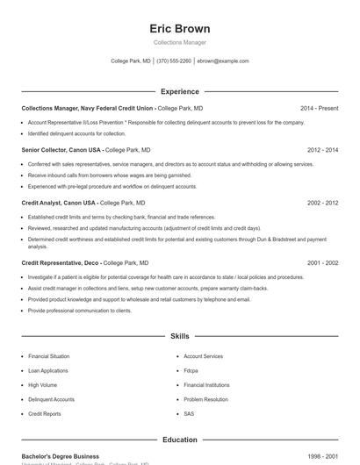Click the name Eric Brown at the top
coord(180,28)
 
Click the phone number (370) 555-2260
coord(174,61)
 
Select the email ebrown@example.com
coord(223,61)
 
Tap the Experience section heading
coord(180,91)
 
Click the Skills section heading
coord(180,336)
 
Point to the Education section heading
coord(180,440)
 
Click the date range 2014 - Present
coord(319,108)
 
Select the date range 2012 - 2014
coord(322,150)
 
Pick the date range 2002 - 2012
coord(322,203)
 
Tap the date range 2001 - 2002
coord(322,262)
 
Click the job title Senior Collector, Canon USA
coord(61,150)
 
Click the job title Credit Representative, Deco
coord(60,262)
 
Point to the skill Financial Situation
coord(48,357)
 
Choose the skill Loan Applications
coord(48,371)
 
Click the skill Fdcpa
coord(191,371)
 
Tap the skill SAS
coord(189,413)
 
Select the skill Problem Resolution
coord(205,399)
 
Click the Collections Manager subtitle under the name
coord(180,42)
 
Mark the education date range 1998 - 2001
coord(322,456)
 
